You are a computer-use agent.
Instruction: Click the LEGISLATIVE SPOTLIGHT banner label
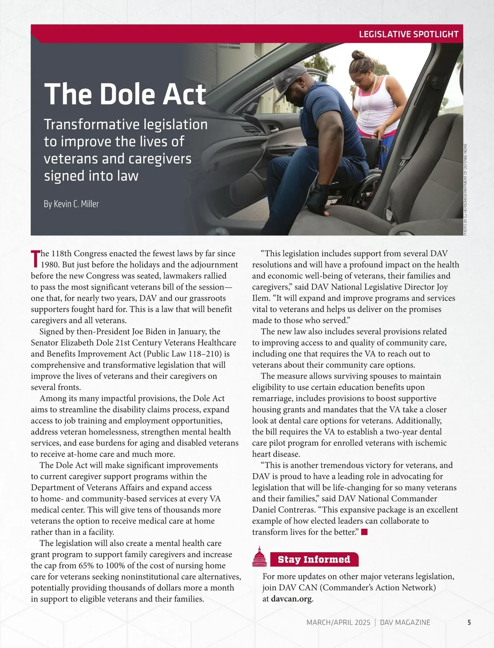tap(408, 34)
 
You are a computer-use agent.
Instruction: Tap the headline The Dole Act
tap(125, 94)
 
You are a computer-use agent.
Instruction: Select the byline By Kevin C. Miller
tap(71, 204)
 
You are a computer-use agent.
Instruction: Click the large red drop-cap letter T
tap(35, 258)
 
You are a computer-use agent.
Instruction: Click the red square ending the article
tap(364, 532)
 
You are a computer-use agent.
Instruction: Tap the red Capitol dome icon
tap(259, 557)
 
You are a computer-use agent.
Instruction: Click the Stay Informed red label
tap(314, 560)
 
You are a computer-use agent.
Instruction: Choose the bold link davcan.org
tap(291, 599)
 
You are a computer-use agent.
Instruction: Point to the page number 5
tap(469, 622)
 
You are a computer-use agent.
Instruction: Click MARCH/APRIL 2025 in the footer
tap(338, 622)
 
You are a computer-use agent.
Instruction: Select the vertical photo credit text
tap(466, 189)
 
